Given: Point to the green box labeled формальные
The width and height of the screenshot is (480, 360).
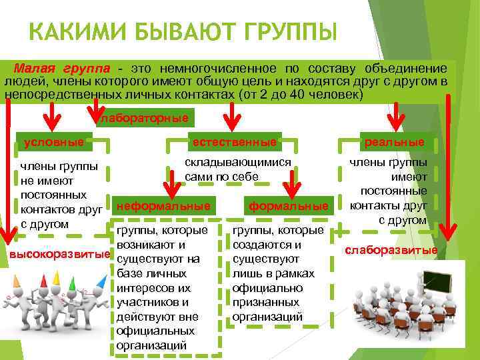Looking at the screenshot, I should [x=289, y=207].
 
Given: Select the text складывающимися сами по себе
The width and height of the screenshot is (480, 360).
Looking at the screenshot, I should [x=237, y=169].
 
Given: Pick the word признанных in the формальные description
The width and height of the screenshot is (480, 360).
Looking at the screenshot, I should [x=262, y=303].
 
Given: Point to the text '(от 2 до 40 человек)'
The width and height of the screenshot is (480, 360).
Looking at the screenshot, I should [x=301, y=94].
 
